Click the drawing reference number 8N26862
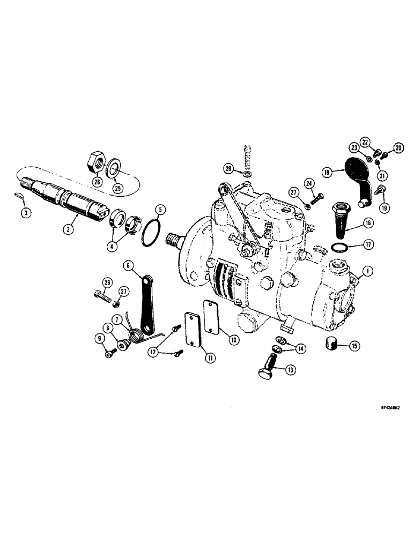387,408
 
